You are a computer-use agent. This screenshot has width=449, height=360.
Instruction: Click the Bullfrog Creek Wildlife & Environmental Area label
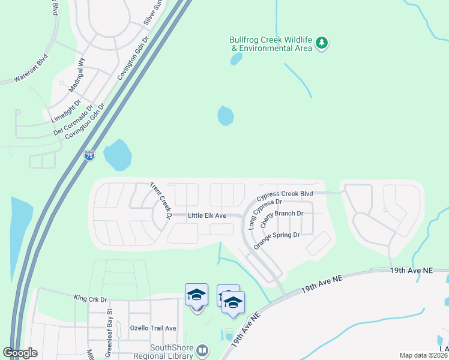(x=271, y=44)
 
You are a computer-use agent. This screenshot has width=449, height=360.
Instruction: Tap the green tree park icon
(x=322, y=43)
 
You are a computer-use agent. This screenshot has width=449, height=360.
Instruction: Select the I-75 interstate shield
(x=89, y=155)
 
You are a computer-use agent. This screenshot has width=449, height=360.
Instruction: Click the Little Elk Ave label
(x=206, y=215)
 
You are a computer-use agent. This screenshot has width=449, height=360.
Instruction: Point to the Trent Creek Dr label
(x=160, y=200)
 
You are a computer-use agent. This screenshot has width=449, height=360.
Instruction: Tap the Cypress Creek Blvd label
(x=285, y=195)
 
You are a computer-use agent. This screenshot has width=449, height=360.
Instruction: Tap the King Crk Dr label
(x=90, y=298)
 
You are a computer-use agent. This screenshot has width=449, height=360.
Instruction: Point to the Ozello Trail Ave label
(x=153, y=328)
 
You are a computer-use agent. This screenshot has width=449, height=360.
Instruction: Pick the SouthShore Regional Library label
(x=163, y=351)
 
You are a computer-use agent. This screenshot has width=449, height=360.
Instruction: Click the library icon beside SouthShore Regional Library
(x=202, y=350)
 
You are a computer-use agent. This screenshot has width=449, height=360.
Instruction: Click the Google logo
(x=20, y=353)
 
